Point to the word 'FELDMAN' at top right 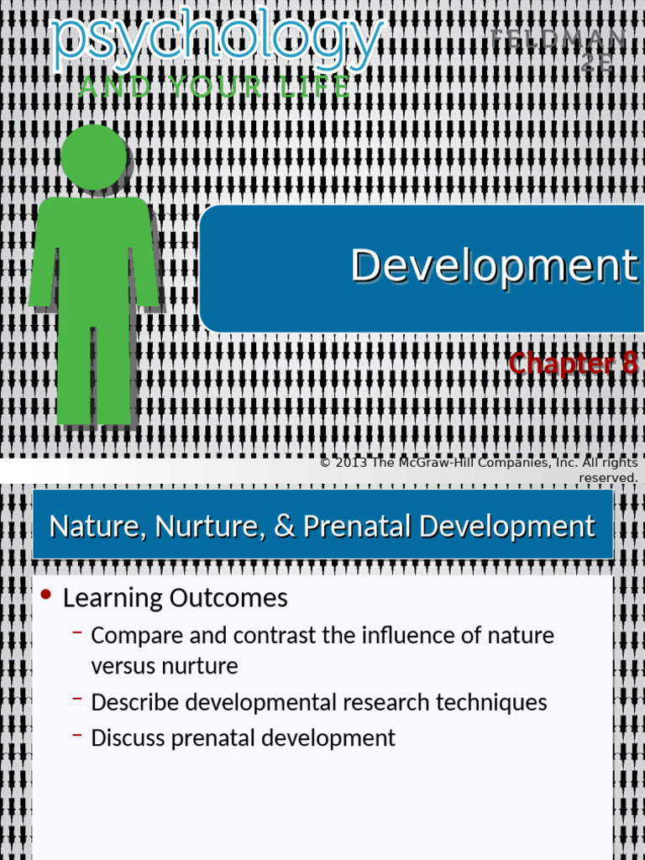point(558,39)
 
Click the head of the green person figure point(93,157)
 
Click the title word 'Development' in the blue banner point(494,265)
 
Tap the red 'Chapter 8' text point(573,364)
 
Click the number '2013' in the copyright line point(352,463)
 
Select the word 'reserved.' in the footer point(608,477)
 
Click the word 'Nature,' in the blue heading point(89,527)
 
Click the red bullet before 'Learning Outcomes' point(46,595)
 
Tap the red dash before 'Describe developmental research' point(77,699)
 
